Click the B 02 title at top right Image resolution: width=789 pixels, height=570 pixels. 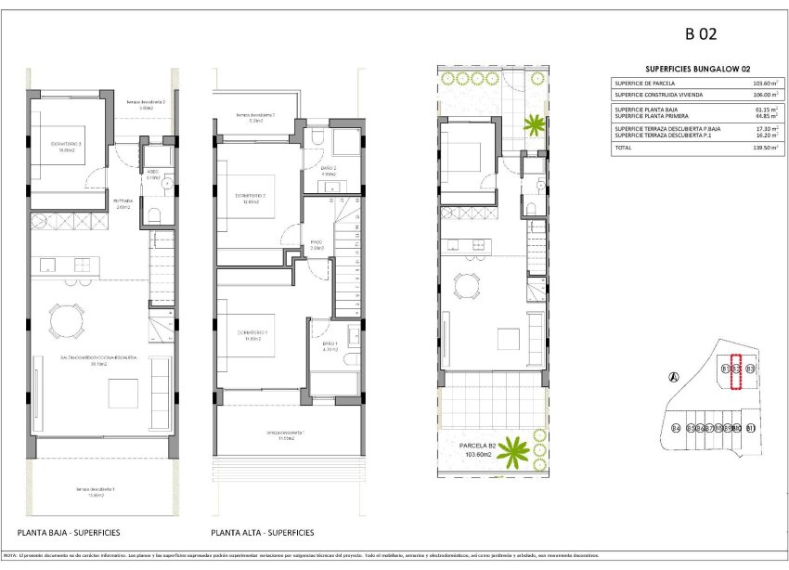point(702,34)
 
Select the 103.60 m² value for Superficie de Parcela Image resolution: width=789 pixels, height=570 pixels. point(763,84)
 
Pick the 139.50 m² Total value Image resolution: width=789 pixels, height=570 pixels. point(763,148)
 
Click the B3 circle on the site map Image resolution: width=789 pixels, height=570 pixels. point(750,369)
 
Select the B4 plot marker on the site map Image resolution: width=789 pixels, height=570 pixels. point(676,428)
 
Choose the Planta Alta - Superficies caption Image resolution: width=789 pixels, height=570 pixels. point(262,533)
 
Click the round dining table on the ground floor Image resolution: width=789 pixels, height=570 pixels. point(66,322)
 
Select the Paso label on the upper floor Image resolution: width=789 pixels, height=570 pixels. point(317,244)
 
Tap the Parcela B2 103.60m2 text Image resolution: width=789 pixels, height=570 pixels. point(480,450)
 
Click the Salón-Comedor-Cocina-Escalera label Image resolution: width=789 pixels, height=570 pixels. point(99,359)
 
